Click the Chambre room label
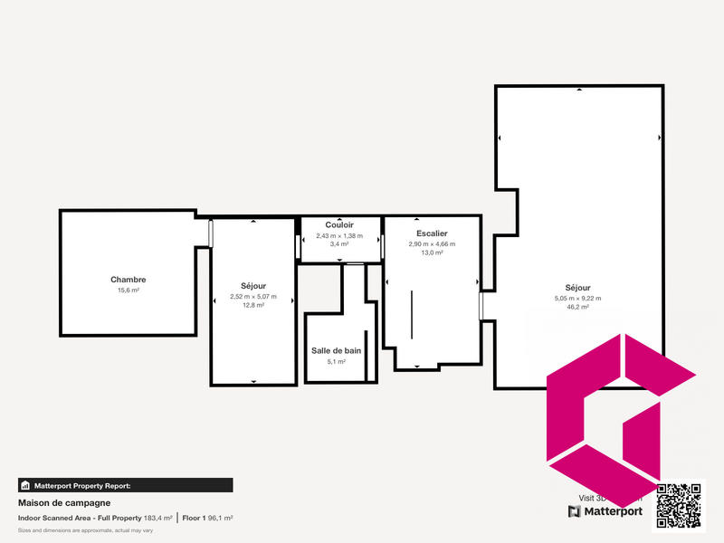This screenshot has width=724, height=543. pyautogui.click(x=128, y=280)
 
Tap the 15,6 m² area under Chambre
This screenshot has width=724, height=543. pyautogui.click(x=128, y=291)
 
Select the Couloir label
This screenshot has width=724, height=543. pyautogui.click(x=339, y=224)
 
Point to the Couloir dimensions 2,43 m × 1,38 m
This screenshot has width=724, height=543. pyautogui.click(x=339, y=236)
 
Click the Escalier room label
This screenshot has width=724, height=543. pyautogui.click(x=432, y=233)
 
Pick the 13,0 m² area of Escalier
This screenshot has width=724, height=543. pyautogui.click(x=432, y=253)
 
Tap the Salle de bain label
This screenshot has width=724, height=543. pyautogui.click(x=337, y=350)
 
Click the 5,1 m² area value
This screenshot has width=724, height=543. pyautogui.click(x=337, y=361)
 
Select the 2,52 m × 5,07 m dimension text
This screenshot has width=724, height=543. pyautogui.click(x=253, y=296)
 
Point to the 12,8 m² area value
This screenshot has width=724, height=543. pyautogui.click(x=253, y=306)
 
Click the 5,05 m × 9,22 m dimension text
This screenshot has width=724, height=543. pyautogui.click(x=577, y=298)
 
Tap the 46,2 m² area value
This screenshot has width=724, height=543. pyautogui.click(x=577, y=308)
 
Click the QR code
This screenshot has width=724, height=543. pyautogui.click(x=679, y=506)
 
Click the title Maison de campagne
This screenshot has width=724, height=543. pyautogui.click(x=64, y=502)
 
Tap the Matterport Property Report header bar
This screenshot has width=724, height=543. pyautogui.click(x=125, y=485)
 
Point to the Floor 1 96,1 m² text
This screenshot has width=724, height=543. pyautogui.click(x=207, y=518)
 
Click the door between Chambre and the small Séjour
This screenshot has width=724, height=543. pyautogui.click(x=211, y=233)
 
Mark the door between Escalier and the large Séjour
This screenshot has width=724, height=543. pyautogui.click(x=481, y=306)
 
